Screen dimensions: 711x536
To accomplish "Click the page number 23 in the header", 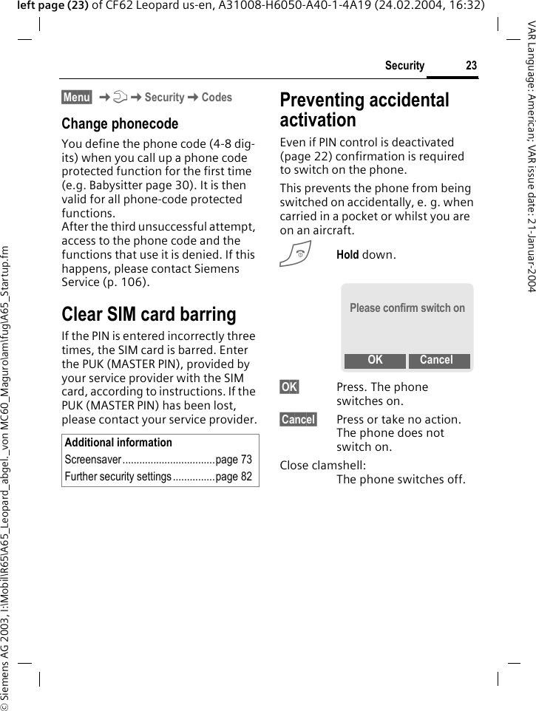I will point(471,66).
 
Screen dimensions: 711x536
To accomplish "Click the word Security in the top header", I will point(404,66).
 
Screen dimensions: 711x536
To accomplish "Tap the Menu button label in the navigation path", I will point(76,98).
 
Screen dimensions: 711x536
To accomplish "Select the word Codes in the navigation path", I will point(217,98).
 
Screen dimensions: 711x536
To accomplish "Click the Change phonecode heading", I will point(120,123).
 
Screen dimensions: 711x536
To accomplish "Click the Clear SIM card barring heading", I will point(149,314).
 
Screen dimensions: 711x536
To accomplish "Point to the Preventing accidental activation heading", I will point(364,109).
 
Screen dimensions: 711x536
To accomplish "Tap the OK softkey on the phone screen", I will point(375,360).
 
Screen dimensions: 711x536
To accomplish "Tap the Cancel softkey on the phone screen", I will point(436,360).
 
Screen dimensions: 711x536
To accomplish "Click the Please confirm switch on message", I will point(407,307).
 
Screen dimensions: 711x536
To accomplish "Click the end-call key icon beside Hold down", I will point(296,254).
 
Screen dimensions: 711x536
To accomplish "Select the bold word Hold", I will point(347,255).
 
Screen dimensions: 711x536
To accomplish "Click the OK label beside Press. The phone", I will point(289,387).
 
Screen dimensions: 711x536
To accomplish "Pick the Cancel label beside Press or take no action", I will point(298,420).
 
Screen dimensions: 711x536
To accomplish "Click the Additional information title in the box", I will point(118,443).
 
